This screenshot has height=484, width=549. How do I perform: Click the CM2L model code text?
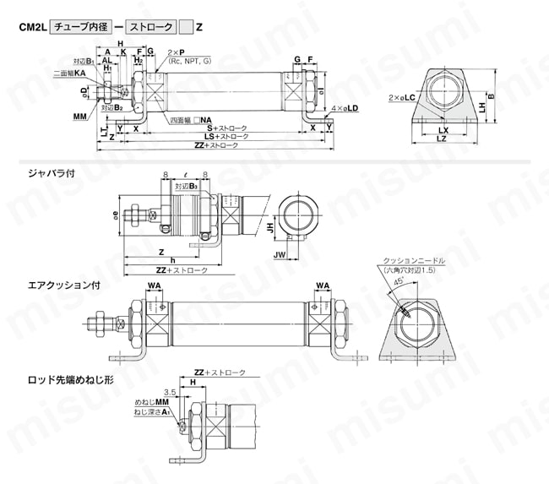33,26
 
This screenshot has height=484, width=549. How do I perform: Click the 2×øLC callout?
403,99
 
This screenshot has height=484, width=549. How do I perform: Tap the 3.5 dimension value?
170,393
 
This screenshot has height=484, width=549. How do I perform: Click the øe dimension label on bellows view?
116,215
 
